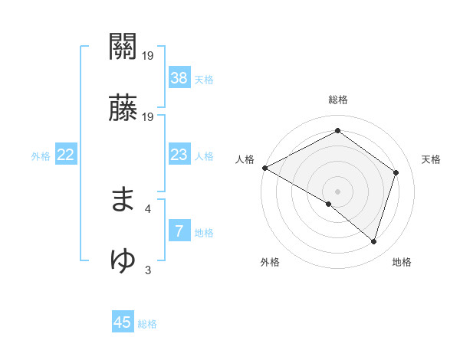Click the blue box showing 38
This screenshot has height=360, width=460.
click(179, 78)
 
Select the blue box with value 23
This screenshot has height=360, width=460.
click(179, 155)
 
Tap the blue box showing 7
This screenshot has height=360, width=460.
click(179, 231)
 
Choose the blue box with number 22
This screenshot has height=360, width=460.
click(65, 155)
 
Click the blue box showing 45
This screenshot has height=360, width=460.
click(123, 322)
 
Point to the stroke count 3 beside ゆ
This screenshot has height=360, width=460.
click(148, 270)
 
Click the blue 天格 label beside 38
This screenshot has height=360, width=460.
click(204, 79)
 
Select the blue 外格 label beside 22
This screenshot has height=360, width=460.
click(41, 156)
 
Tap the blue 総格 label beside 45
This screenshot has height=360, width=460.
click(147, 323)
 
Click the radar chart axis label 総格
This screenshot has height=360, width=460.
click(338, 100)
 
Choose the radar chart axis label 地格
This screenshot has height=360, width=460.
click(402, 262)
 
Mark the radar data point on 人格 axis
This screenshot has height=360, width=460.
click(264, 168)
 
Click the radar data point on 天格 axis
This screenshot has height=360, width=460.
click(396, 172)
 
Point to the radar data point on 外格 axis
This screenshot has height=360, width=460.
click(329, 204)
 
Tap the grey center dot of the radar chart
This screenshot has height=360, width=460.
click(338, 191)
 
